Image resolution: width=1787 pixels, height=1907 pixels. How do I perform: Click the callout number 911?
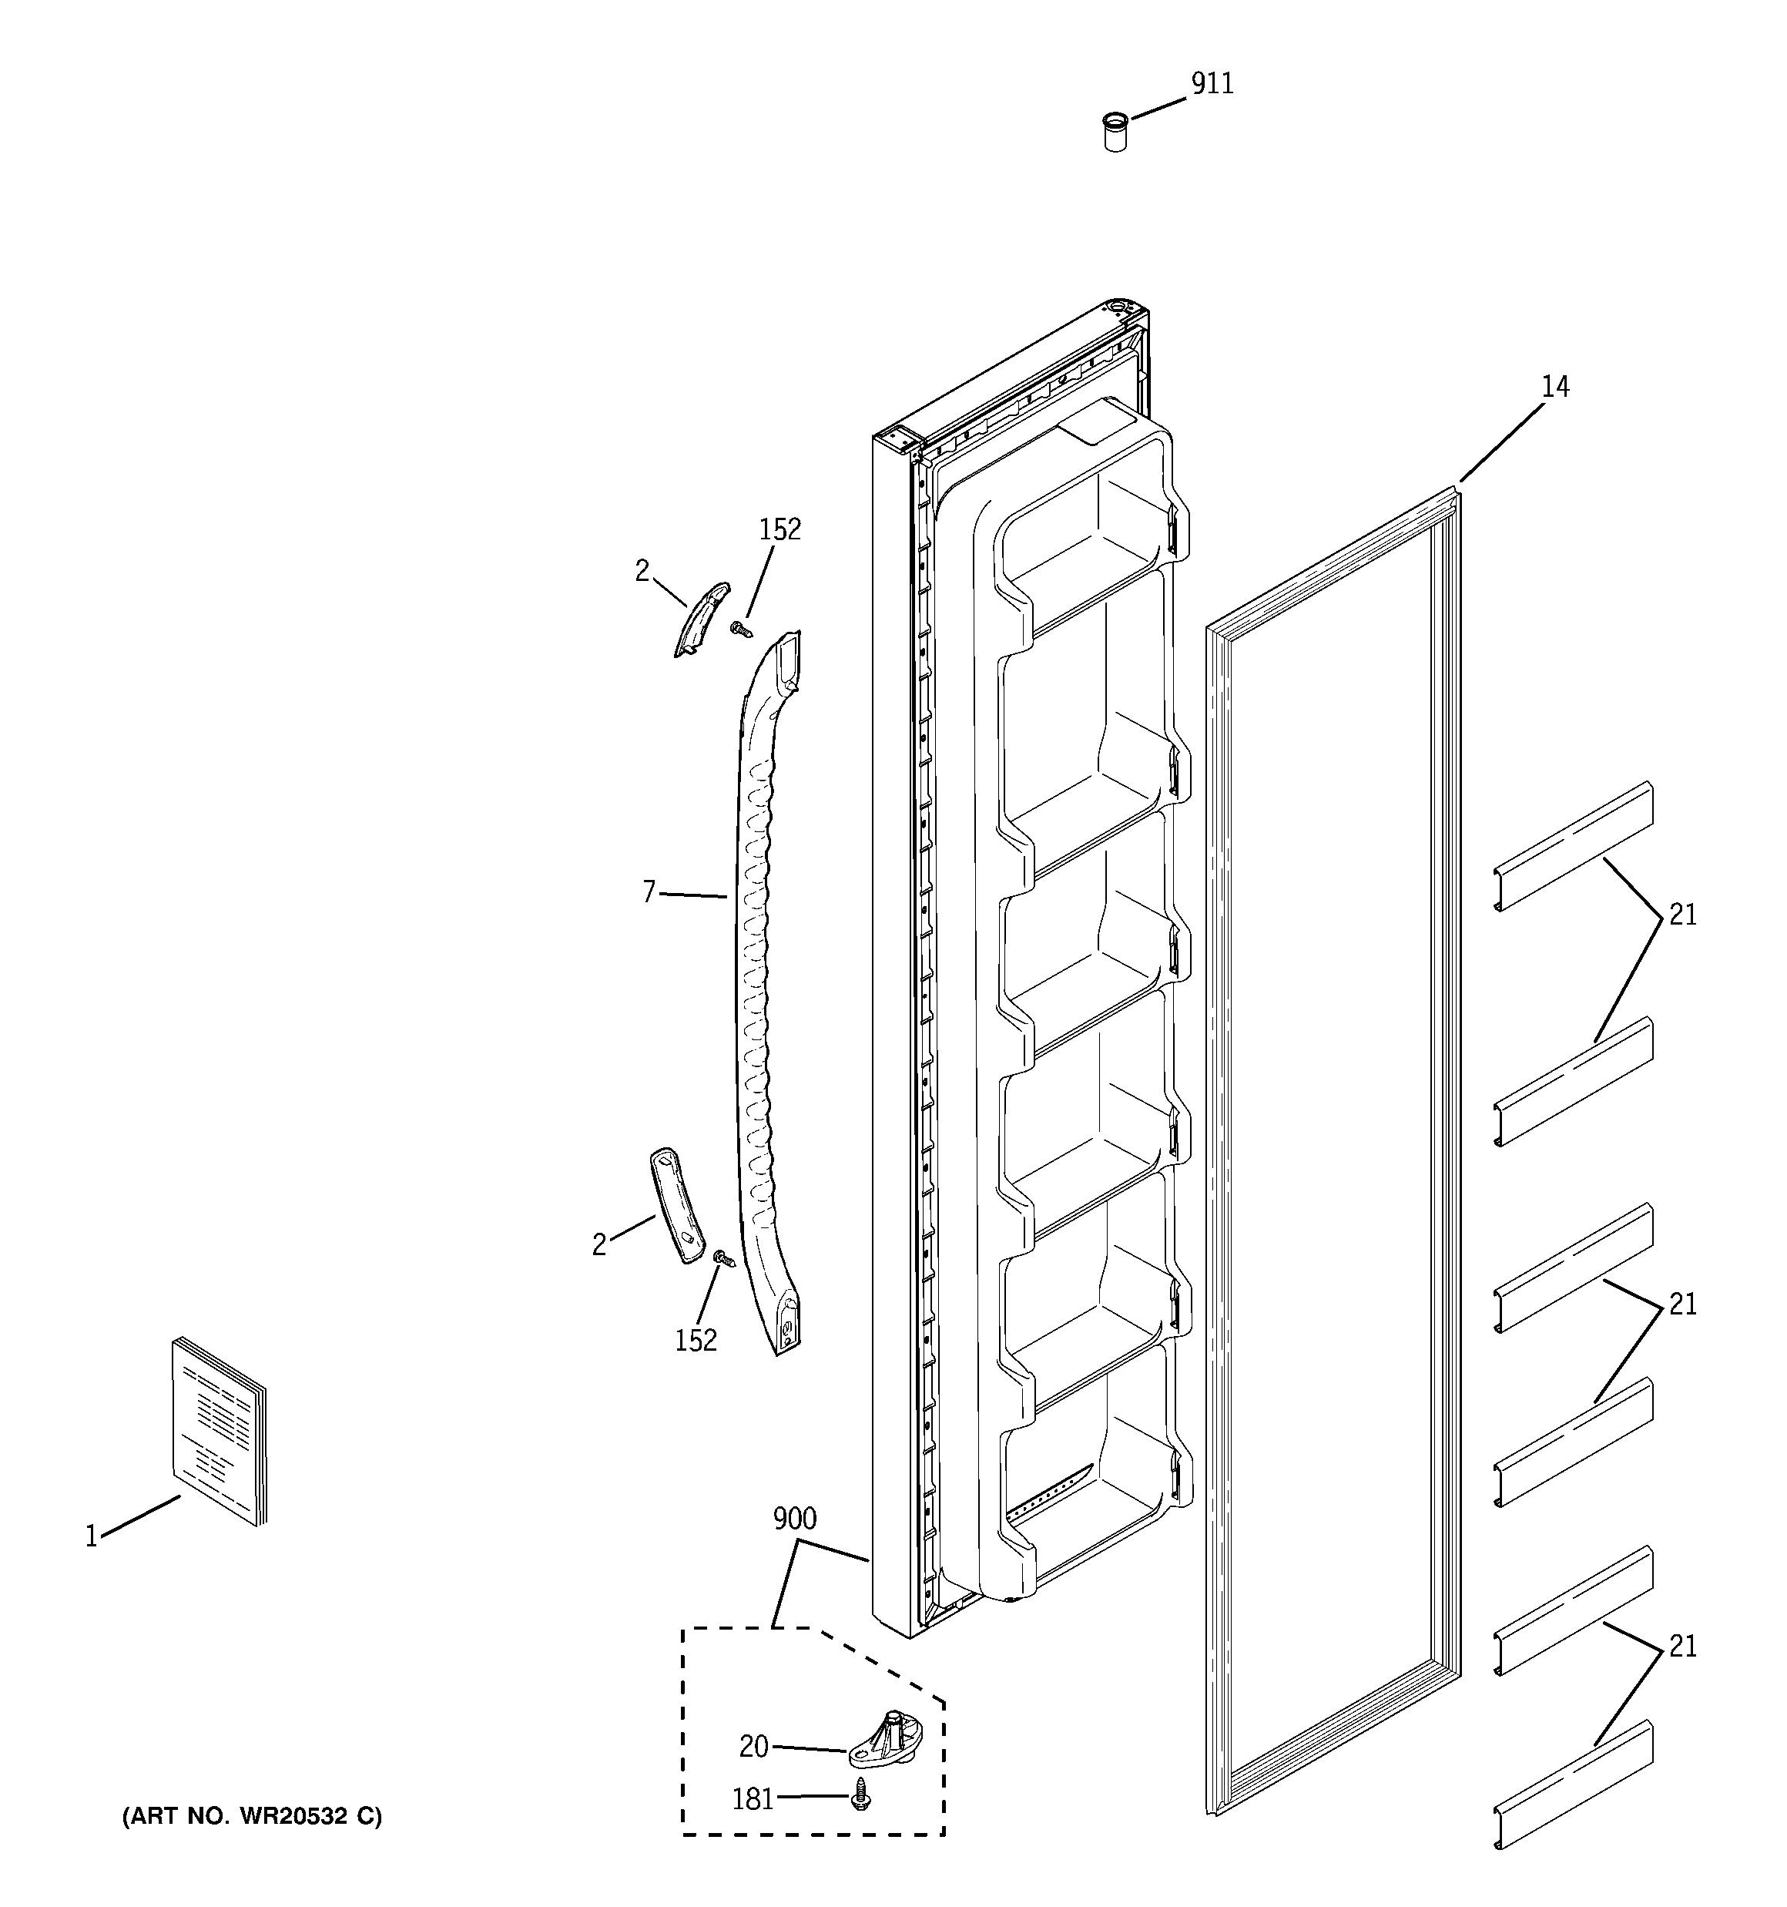pyautogui.click(x=1212, y=85)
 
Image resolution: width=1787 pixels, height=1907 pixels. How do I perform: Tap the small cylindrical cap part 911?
pyautogui.click(x=1115, y=133)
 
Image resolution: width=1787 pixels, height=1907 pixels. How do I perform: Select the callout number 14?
pyautogui.click(x=1555, y=387)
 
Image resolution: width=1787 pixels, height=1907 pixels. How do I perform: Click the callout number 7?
pyautogui.click(x=649, y=892)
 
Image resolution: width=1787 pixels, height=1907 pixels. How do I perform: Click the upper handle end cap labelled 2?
pyautogui.click(x=701, y=618)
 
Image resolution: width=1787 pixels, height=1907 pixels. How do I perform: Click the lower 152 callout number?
pyautogui.click(x=696, y=1340)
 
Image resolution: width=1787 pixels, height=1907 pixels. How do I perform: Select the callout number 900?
pyautogui.click(x=794, y=1519)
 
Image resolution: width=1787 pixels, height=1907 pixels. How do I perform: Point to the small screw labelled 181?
pyautogui.click(x=860, y=1794)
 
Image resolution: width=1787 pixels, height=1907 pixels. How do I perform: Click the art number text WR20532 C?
pyautogui.click(x=251, y=1816)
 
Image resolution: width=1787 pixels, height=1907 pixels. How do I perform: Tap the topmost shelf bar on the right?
pyautogui.click(x=1573, y=845)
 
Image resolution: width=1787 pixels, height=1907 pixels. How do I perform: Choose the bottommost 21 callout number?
pyautogui.click(x=1682, y=1646)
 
